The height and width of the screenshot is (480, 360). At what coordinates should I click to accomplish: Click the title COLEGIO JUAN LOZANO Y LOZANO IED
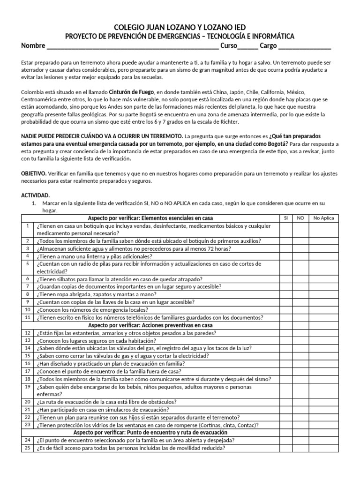point(180,28)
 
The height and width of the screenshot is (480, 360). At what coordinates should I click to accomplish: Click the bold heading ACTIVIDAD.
point(35,195)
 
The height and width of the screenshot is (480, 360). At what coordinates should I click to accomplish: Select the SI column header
point(286,218)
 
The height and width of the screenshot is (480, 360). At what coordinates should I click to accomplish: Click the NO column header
point(300,218)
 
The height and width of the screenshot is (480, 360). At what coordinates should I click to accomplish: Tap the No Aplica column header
point(324,218)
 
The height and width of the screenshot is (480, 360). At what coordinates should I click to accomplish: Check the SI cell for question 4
point(286,256)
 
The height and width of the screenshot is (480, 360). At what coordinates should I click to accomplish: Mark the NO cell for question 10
point(300,309)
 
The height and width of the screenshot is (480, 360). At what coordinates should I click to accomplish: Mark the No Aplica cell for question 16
point(324,363)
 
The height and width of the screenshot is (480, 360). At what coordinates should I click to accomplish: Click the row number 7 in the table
point(28,286)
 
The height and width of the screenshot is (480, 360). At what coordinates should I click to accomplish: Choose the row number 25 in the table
point(28,448)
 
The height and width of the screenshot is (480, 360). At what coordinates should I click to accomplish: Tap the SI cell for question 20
point(286,402)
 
